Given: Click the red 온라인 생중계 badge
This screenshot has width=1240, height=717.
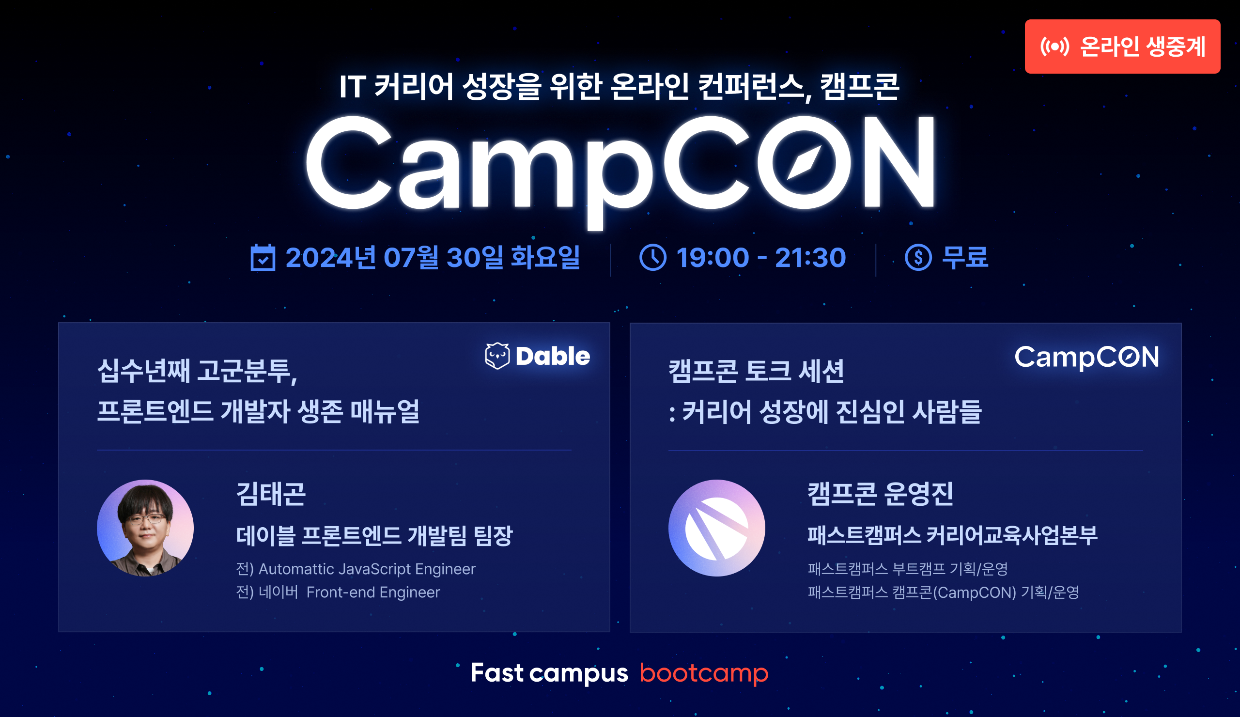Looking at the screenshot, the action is [1122, 47].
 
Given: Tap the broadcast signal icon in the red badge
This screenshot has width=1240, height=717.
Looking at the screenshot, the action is [1054, 47].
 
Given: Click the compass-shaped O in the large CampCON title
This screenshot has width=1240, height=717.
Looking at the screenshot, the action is [804, 162].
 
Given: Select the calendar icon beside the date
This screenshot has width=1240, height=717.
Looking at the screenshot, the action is [263, 257].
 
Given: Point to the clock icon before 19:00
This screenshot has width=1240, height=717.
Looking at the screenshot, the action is [653, 257].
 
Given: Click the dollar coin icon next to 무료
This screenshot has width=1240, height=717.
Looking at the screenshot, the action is [918, 257].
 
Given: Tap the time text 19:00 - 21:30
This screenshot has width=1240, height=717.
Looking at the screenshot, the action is [761, 257].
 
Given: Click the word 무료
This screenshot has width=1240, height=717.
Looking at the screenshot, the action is [965, 257].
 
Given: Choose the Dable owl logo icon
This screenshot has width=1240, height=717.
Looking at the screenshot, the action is [497, 356].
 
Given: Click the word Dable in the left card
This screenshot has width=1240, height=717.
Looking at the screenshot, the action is [553, 356].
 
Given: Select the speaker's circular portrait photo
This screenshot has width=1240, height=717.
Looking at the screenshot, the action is [145, 528].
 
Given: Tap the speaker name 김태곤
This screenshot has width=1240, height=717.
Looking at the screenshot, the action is [271, 494].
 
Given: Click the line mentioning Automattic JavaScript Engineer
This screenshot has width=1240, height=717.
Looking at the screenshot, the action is [356, 569].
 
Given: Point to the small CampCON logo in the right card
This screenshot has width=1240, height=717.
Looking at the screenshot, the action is [1086, 357].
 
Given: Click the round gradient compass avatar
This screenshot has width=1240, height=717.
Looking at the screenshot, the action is [716, 528].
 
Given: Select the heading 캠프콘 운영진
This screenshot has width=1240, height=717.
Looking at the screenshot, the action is [880, 494].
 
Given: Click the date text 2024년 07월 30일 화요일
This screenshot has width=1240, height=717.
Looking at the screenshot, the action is [433, 257].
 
